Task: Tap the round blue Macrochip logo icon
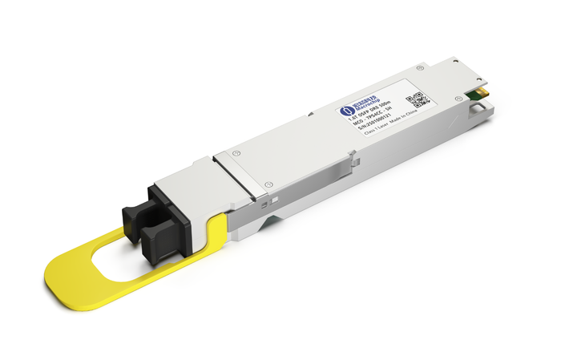point(348,111)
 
